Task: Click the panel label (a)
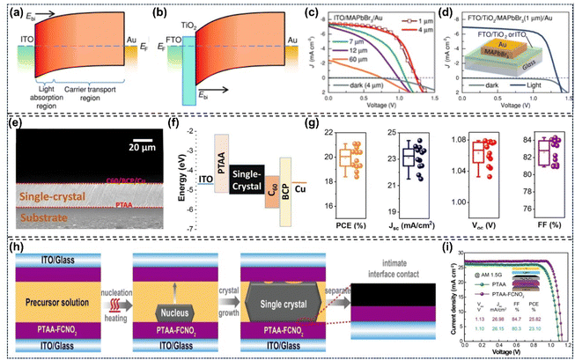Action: pyautogui.click(x=15, y=15)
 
